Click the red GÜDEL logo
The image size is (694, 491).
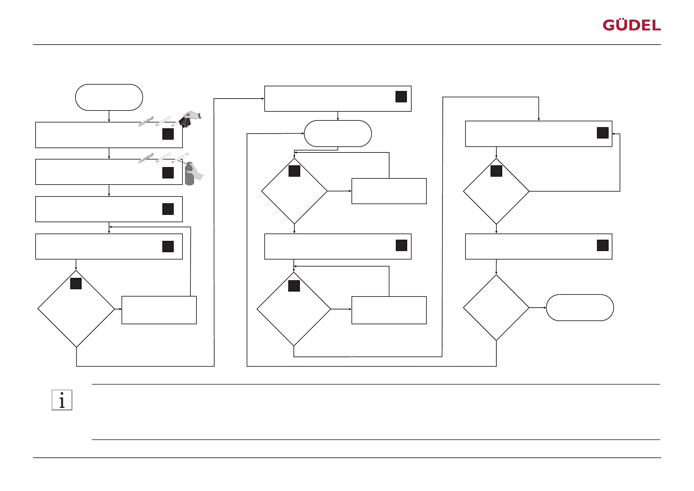click(x=631, y=25)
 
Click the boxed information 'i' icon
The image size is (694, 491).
click(x=62, y=400)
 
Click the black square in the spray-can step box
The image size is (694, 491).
click(x=168, y=173)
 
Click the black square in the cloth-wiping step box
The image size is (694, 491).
click(x=168, y=134)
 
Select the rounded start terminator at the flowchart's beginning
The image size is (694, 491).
click(x=109, y=97)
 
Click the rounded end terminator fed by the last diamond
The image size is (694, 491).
click(x=580, y=308)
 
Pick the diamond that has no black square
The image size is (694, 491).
click(x=496, y=308)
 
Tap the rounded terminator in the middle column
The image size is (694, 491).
click(x=338, y=133)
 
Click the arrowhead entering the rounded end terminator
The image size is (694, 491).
click(x=545, y=308)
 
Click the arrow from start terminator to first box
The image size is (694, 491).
click(x=109, y=116)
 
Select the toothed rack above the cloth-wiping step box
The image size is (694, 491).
click(x=146, y=121)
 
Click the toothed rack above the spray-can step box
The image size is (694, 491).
click(x=146, y=158)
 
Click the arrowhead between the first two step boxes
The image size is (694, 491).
click(x=109, y=157)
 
